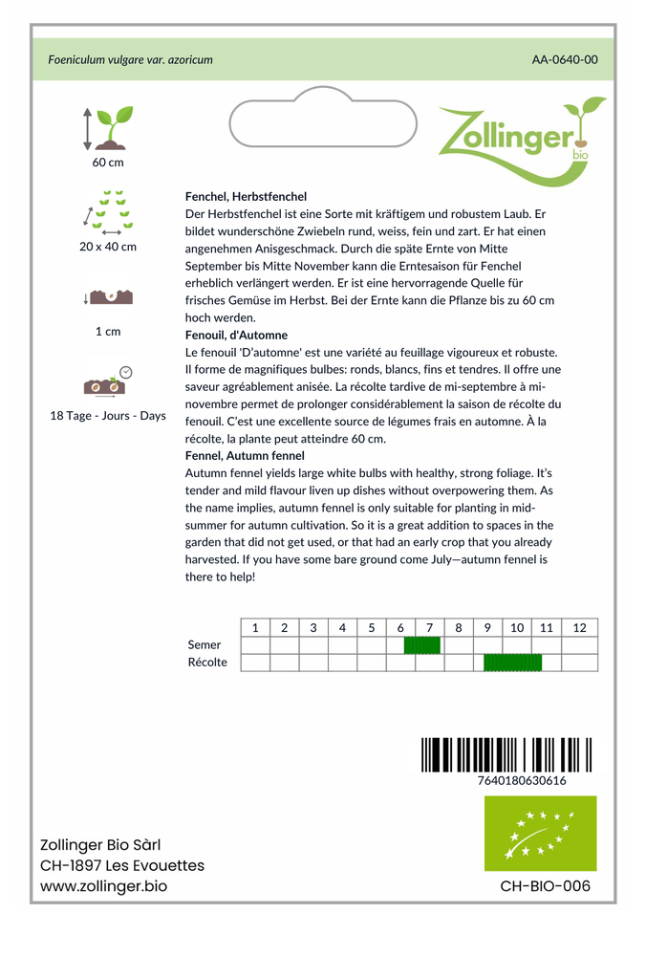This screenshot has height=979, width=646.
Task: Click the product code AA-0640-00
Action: (565, 59)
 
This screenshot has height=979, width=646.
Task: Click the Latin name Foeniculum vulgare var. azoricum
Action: (130, 59)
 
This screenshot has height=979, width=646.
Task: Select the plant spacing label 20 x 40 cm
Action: (108, 247)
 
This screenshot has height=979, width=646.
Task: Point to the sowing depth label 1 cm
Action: (108, 332)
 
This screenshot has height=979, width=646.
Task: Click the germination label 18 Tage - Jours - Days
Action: (108, 416)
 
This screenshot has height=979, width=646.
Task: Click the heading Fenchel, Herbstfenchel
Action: (246, 196)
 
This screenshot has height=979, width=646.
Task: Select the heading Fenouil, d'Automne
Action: (236, 336)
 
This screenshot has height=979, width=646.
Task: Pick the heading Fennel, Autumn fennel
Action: (245, 456)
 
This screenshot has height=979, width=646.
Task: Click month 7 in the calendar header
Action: (429, 628)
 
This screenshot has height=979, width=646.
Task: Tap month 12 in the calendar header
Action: (579, 628)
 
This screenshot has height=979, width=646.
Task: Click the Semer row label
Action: (205, 645)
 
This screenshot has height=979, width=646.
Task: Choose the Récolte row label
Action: (207, 663)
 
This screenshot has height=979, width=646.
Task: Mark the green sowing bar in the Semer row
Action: (421, 645)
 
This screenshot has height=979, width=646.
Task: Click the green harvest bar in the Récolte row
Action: (512, 663)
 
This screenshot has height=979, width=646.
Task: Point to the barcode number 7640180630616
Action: (522, 780)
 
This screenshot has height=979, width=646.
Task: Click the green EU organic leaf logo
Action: (540, 833)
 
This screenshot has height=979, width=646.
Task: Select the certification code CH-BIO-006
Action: (545, 886)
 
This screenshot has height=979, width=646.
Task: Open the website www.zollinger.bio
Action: (103, 886)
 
